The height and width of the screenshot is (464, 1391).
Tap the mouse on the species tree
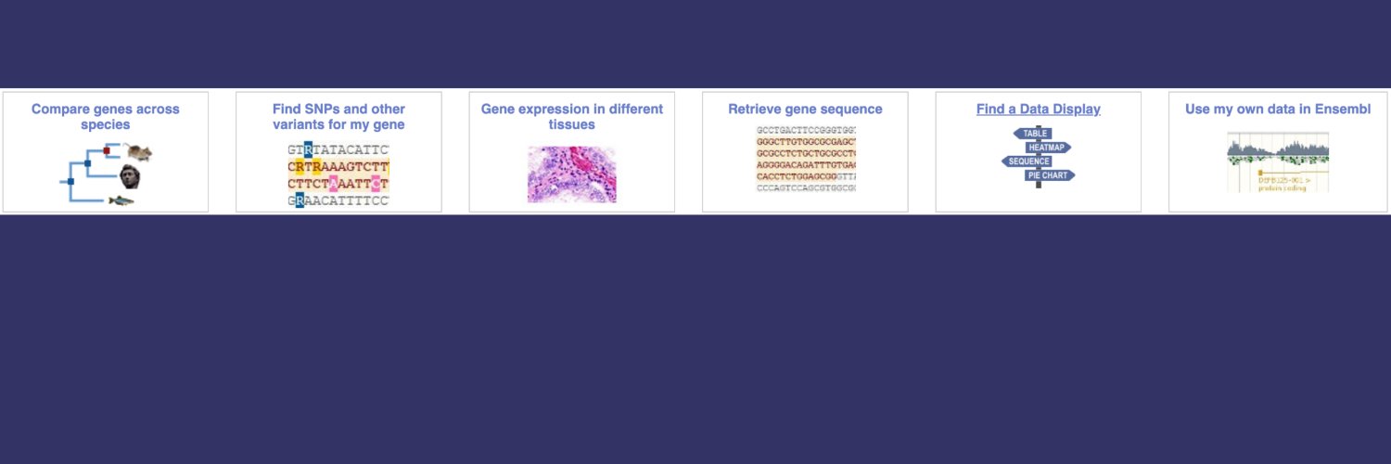(139, 152)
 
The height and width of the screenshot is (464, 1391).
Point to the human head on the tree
(129, 175)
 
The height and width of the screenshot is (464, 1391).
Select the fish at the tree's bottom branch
(121, 200)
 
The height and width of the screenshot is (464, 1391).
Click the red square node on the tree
(107, 150)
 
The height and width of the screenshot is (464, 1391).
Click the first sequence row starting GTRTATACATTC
(338, 149)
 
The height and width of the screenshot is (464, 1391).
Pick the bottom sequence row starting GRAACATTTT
(338, 200)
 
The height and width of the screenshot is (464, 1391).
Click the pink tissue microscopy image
(571, 174)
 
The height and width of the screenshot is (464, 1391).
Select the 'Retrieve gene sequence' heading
(805, 109)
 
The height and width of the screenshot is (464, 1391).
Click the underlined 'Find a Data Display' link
(1038, 109)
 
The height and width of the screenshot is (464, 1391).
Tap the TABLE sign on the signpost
(1035, 133)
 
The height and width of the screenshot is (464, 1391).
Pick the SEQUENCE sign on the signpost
(1028, 161)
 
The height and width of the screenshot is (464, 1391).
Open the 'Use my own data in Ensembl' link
(1277, 109)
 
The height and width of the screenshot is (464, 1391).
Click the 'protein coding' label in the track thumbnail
(1282, 188)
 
